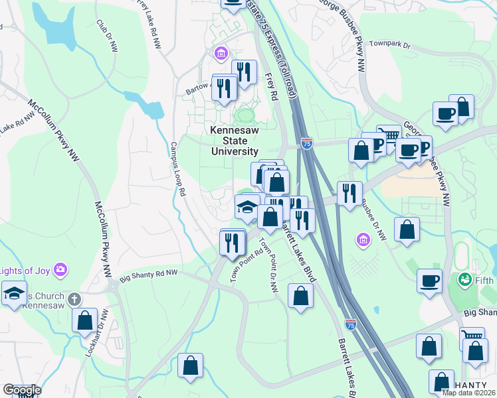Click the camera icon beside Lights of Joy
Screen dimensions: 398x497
click(x=61, y=269)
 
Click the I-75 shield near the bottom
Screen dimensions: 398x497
click(x=350, y=324)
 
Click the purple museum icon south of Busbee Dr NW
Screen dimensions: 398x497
click(x=362, y=238)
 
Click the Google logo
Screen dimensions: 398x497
click(x=21, y=390)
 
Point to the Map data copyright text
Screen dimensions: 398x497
click(x=468, y=393)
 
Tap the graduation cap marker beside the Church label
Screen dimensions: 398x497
click(x=13, y=294)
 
